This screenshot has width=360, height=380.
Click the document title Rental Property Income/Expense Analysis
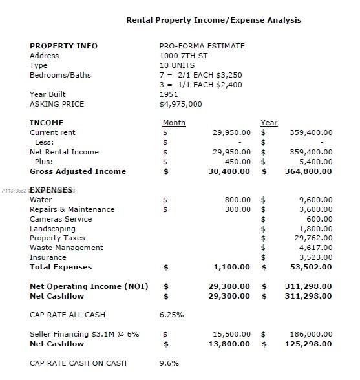(213, 20)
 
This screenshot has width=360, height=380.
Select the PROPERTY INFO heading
(63, 46)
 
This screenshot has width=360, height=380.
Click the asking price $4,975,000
(180, 104)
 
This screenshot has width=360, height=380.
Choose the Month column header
(174, 123)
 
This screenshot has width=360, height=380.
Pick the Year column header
(269, 123)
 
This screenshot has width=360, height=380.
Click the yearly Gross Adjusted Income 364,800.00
(308, 171)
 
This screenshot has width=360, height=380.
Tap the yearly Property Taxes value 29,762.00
(313, 238)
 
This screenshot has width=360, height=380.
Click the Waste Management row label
(66, 248)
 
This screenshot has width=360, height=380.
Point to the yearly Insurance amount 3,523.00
(315, 257)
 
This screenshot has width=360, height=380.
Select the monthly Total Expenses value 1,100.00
(231, 267)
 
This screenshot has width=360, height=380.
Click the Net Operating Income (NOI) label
(89, 286)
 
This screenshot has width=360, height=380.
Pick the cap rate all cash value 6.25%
(171, 315)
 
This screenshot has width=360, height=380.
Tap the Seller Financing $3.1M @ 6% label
(84, 334)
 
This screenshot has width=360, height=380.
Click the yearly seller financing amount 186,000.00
(308, 334)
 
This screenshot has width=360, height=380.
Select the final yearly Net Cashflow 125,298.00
(308, 344)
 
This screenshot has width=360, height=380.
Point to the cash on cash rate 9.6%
(169, 363)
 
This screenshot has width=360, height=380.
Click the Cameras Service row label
(61, 219)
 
